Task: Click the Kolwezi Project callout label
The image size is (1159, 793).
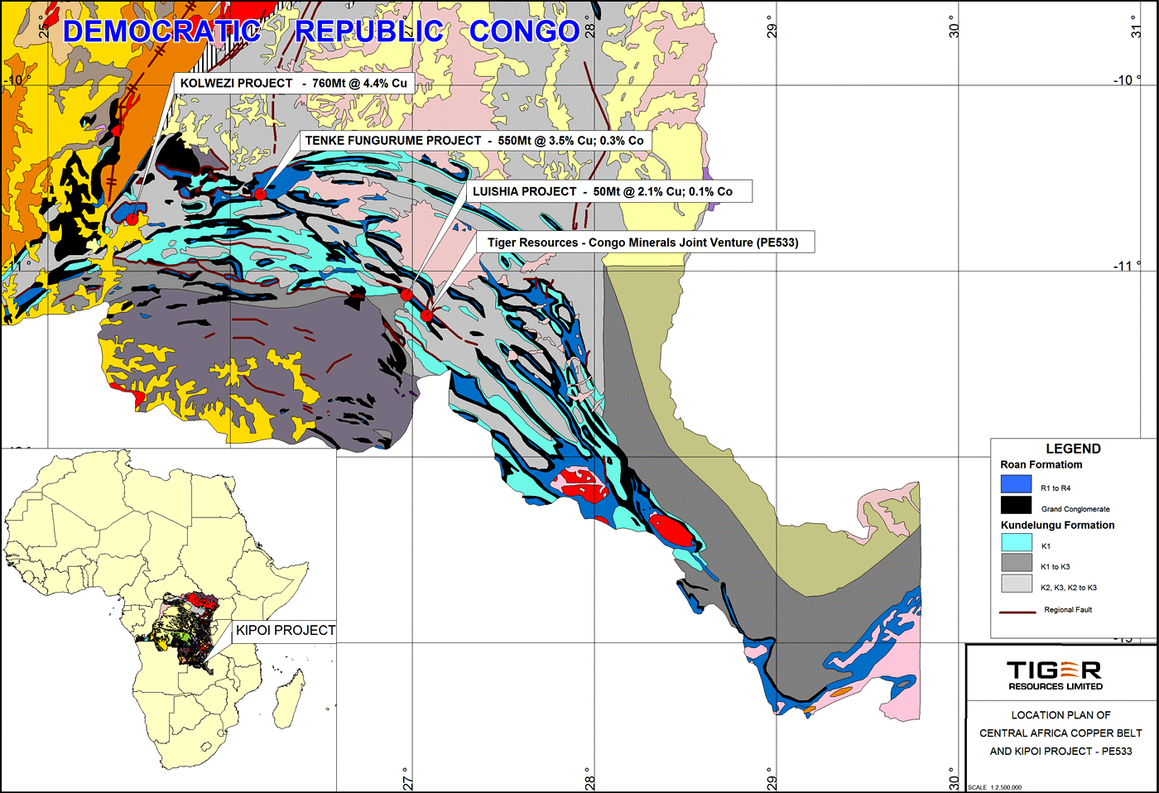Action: point(294,84)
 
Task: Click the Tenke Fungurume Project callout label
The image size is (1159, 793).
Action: point(474,141)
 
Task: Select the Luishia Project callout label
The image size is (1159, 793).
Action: point(602,191)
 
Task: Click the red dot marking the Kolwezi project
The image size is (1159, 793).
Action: point(132,219)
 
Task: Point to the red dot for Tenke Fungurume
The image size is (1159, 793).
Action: point(260,194)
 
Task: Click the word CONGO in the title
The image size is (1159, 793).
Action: point(524,31)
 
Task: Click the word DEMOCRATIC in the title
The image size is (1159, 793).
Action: point(161,31)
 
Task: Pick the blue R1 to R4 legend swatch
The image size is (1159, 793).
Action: point(1016,484)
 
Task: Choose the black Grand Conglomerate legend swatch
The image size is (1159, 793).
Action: point(1016,505)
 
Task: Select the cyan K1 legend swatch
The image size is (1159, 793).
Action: point(1016,543)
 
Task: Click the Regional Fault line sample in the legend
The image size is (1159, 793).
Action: point(1017,612)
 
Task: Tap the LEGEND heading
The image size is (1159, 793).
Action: point(1073,449)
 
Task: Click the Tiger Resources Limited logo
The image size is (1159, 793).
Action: point(1055,675)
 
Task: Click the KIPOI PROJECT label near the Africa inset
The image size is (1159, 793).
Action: point(286,631)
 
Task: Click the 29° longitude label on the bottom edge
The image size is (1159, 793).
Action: point(772,779)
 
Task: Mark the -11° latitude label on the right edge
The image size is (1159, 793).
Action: point(1127,266)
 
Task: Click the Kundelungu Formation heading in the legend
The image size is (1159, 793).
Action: point(1057,525)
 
